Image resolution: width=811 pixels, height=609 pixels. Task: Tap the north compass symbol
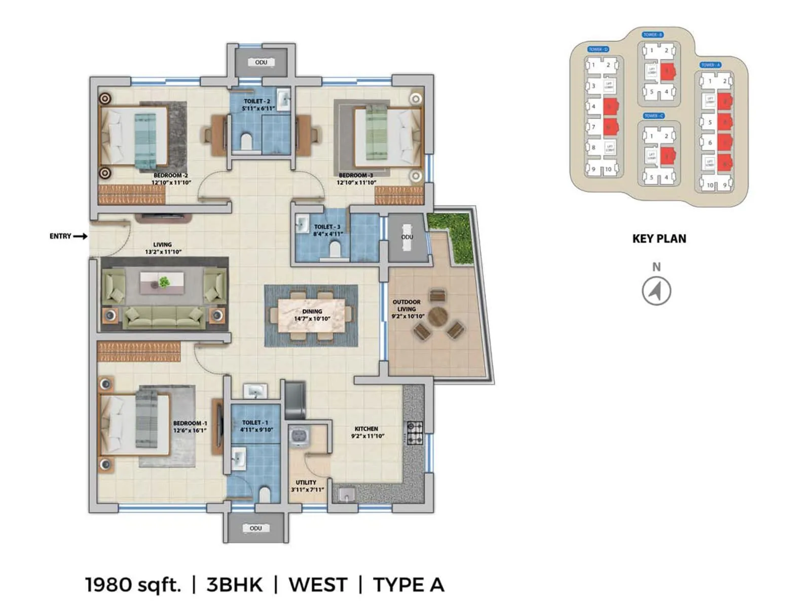click(x=656, y=291)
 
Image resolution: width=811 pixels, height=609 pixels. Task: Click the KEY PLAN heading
click(x=659, y=239)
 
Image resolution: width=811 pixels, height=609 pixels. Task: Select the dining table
click(x=312, y=315)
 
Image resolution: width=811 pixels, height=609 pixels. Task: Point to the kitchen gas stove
click(x=415, y=433)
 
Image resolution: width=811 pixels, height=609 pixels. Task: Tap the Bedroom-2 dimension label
click(x=171, y=182)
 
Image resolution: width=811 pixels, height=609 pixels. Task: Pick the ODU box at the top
click(x=261, y=62)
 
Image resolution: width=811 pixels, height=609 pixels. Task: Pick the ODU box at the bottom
click(x=255, y=528)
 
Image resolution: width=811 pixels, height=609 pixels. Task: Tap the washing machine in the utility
click(x=299, y=436)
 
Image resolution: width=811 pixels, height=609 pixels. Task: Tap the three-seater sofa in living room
click(x=163, y=318)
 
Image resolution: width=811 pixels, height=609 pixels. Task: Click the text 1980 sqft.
click(x=133, y=585)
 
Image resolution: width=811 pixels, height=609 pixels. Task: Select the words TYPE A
click(x=409, y=585)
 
